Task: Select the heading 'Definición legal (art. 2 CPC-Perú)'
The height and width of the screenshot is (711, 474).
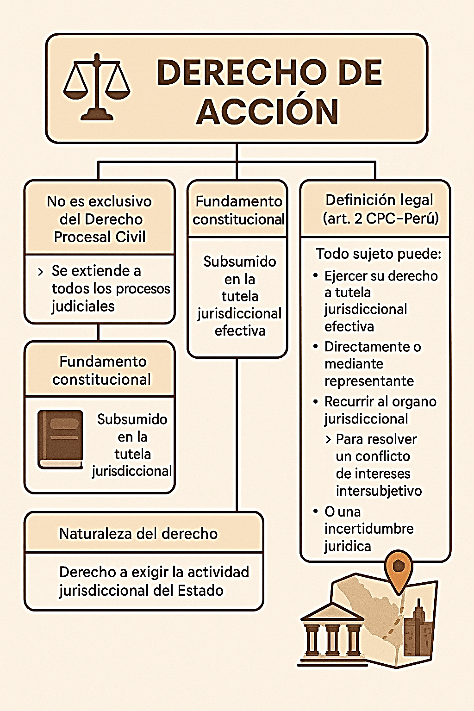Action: coord(380,209)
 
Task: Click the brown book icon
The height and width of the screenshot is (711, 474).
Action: coord(60,439)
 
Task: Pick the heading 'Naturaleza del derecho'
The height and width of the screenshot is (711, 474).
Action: coord(138,534)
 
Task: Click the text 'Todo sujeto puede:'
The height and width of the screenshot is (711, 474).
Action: coord(379,254)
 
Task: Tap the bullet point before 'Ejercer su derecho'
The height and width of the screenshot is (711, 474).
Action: coord(315,275)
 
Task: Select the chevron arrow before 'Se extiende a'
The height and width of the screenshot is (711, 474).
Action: coord(40,272)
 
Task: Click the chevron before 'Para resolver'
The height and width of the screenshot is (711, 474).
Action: coord(328,440)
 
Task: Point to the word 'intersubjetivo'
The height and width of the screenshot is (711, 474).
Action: coord(379,491)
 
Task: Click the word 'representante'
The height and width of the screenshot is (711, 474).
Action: coord(369,381)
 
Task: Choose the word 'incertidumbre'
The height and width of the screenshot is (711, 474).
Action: coord(369,529)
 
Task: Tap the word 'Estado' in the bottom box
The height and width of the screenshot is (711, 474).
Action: coord(200,590)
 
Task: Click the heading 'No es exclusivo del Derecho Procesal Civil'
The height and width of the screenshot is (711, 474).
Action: coord(100,219)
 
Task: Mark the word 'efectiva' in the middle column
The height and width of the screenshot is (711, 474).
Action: coord(240,331)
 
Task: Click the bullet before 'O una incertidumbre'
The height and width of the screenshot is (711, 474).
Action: coord(315,511)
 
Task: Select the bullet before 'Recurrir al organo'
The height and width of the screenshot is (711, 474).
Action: coord(315,401)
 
